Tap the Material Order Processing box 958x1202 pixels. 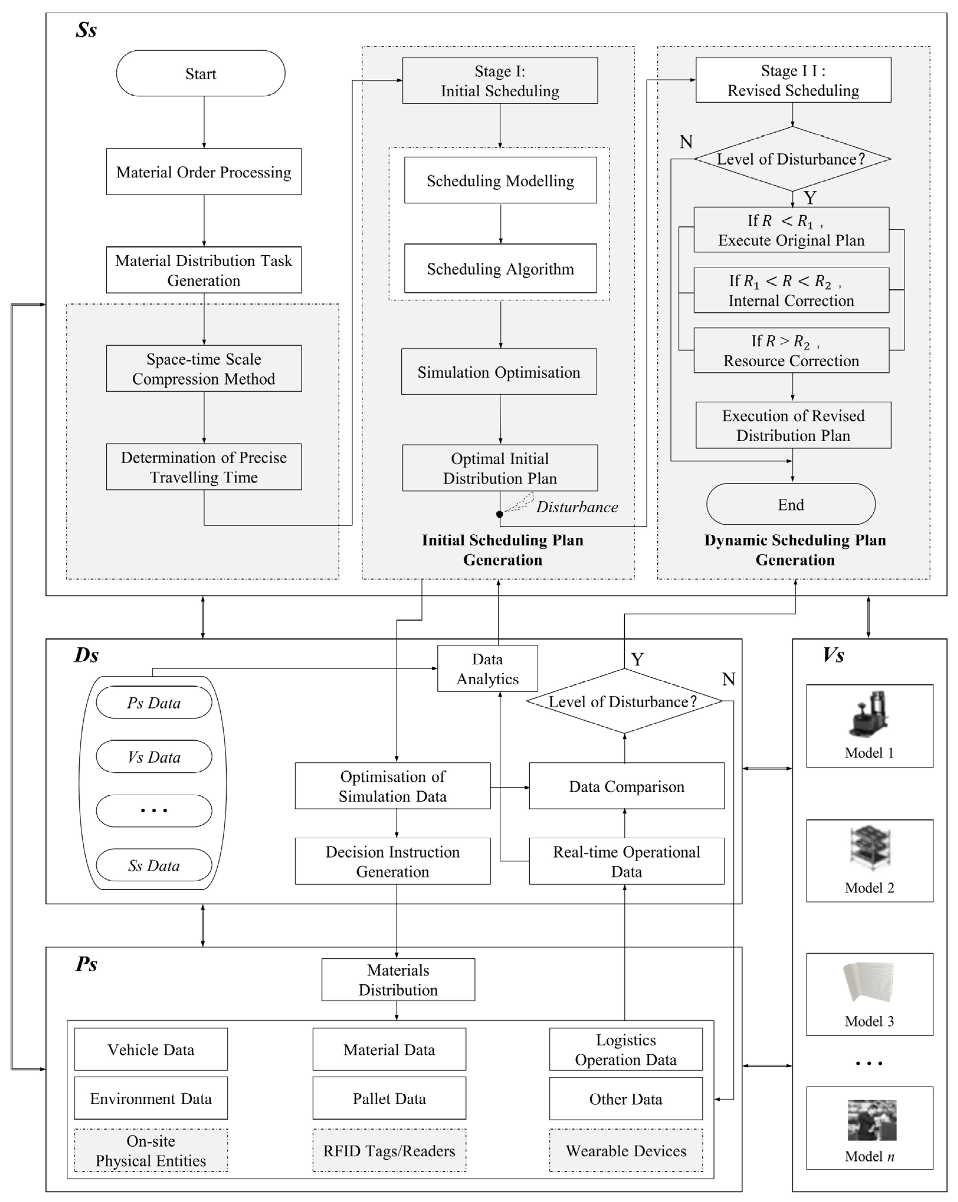pyautogui.click(x=204, y=172)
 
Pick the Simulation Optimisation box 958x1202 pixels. pyautogui.click(x=498, y=372)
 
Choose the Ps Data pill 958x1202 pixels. pyautogui.click(x=154, y=702)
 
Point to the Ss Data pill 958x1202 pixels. pyautogui.click(x=154, y=865)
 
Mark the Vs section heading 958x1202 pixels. pyautogui.click(x=833, y=655)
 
